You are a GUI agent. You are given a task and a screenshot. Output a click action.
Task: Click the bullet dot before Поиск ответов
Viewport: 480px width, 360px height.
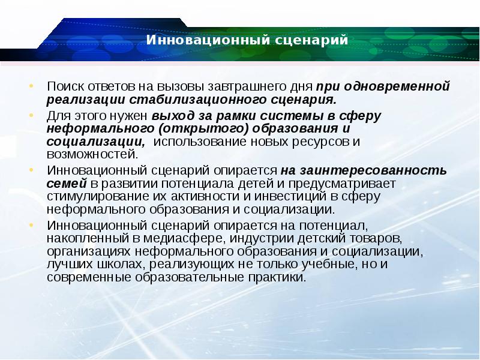point(31,86)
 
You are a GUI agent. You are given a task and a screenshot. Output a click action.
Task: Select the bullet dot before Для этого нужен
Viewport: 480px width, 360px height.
point(31,115)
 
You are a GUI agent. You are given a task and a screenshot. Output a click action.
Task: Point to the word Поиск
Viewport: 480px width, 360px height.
point(65,86)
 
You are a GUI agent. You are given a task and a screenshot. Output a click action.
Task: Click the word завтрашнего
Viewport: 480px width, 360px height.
point(247,86)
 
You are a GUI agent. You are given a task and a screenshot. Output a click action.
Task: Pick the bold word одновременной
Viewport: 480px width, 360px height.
point(397,86)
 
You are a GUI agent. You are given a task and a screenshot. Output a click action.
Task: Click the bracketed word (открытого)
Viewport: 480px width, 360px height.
point(203,128)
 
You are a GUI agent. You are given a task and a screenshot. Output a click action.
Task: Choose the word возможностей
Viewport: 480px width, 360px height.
point(92,154)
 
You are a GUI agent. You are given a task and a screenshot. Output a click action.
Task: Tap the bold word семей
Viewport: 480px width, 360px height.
point(67,184)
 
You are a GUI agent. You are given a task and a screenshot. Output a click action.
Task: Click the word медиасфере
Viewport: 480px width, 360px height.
point(184,238)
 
